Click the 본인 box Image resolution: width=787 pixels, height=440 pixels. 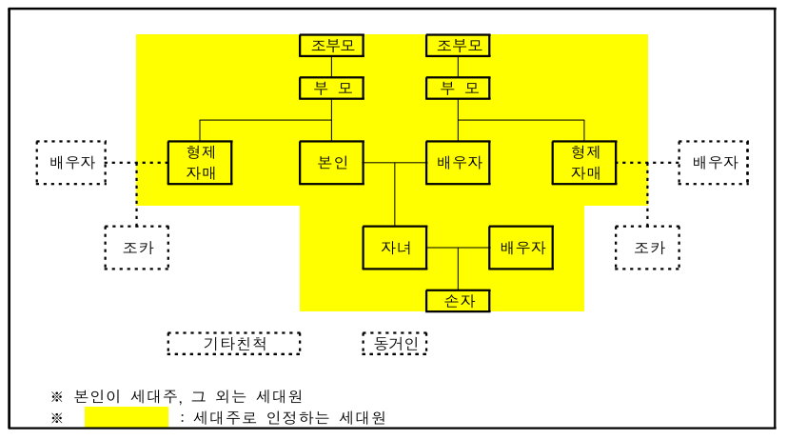[x=332, y=162]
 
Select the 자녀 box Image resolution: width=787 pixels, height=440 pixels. [x=395, y=248]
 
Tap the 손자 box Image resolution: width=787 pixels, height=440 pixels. [x=458, y=301]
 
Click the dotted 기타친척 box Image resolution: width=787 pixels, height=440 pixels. [x=234, y=343]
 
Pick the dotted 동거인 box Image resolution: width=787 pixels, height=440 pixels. [x=395, y=343]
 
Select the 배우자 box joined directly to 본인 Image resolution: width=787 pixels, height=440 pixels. [x=459, y=162]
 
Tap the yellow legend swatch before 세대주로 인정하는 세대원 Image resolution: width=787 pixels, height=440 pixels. [x=127, y=417]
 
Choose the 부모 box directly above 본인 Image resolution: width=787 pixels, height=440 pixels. [x=332, y=89]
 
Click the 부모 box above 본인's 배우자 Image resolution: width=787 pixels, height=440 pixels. [x=459, y=89]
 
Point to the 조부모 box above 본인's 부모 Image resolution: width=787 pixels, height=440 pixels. [x=332, y=45]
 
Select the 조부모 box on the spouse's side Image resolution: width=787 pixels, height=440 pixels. [x=459, y=45]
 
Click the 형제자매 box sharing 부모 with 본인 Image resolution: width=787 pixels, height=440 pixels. [x=200, y=162]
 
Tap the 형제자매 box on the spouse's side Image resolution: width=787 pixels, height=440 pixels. [x=584, y=162]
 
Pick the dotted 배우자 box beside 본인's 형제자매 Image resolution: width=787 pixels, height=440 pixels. [x=71, y=162]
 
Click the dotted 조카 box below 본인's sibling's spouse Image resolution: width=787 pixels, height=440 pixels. [x=136, y=248]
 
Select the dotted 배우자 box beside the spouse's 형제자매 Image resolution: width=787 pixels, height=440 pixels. [x=714, y=162]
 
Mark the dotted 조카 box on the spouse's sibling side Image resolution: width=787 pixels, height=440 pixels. [x=647, y=248]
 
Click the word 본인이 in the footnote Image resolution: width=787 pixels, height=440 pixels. [x=99, y=396]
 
